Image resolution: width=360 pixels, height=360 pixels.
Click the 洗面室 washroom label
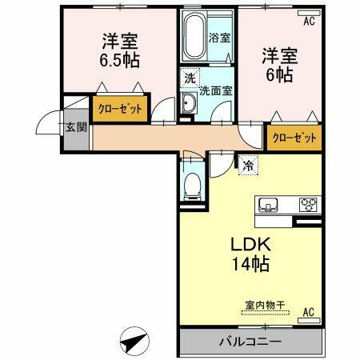pos(215,90)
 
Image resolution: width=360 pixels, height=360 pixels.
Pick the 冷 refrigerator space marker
pos(248,166)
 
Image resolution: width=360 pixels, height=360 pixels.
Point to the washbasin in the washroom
pos(189,103)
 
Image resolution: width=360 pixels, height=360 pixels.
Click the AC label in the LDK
pos(308,313)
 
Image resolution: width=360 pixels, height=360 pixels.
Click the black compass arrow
pos(134,342)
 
